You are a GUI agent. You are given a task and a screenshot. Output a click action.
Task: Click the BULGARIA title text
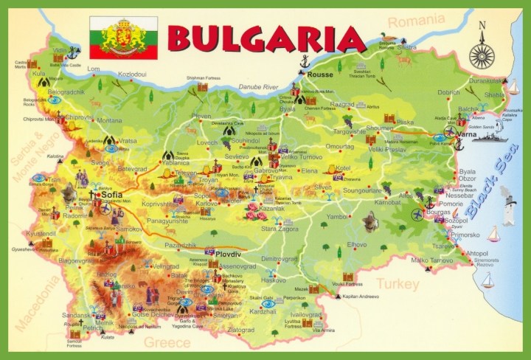coord(267,37)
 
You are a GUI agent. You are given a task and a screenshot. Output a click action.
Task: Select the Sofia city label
coord(112,196)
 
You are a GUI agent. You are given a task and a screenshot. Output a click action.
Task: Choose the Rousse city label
coord(321,75)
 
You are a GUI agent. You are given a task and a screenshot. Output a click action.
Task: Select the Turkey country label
coord(398,283)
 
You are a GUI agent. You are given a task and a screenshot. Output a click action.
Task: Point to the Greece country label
coord(167,342)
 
